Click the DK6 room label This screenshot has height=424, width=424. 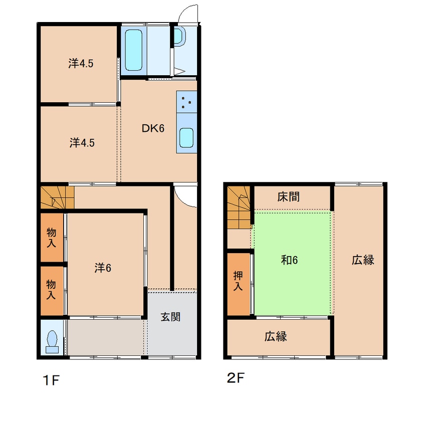[x=153, y=128]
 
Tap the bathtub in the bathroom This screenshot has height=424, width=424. [x=134, y=50]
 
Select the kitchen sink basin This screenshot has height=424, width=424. [x=186, y=138]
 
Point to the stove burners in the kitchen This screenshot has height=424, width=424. [x=186, y=102]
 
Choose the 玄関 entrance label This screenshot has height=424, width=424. [x=170, y=317]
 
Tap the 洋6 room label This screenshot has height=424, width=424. [x=103, y=268]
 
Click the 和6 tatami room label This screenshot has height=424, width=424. [x=289, y=260]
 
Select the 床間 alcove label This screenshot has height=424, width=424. [x=288, y=196]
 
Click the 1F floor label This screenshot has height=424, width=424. [x=51, y=380]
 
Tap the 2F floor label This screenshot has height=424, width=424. [x=236, y=378]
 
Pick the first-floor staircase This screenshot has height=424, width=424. [x=57, y=197]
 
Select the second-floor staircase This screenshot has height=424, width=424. [x=239, y=207]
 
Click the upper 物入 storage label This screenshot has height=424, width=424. [x=52, y=238]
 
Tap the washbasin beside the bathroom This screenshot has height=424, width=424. [x=179, y=36]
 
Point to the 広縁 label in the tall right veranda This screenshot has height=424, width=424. [x=363, y=260]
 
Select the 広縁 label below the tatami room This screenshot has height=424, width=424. [x=275, y=336]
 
